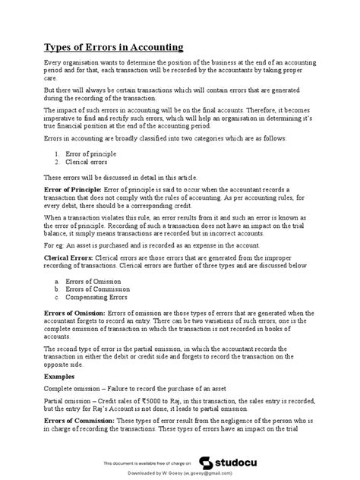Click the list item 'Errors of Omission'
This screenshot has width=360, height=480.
coord(93,280)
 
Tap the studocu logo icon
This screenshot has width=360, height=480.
coord(206,461)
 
